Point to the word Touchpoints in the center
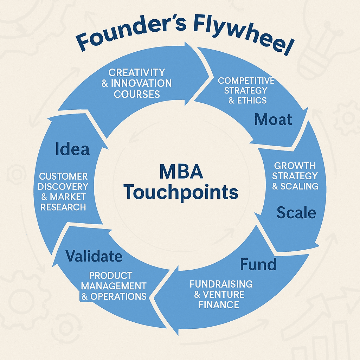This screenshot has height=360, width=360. [x=181, y=192]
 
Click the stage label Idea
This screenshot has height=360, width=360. [x=72, y=149]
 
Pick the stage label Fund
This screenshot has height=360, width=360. [x=258, y=264]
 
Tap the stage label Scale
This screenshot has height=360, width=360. [x=296, y=212]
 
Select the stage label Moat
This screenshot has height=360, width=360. [x=273, y=120]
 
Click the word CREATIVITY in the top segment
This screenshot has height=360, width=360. [x=137, y=73]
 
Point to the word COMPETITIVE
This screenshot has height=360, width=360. [x=246, y=81]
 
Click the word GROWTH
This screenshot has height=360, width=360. [x=295, y=166]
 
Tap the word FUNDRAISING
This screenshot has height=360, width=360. [x=221, y=284]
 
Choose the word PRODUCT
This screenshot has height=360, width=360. [x=110, y=275]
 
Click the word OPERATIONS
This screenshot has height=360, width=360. [x=118, y=296]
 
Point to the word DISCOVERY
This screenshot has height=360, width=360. [x=63, y=186]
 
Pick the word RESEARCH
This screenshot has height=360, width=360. [x=63, y=207]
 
